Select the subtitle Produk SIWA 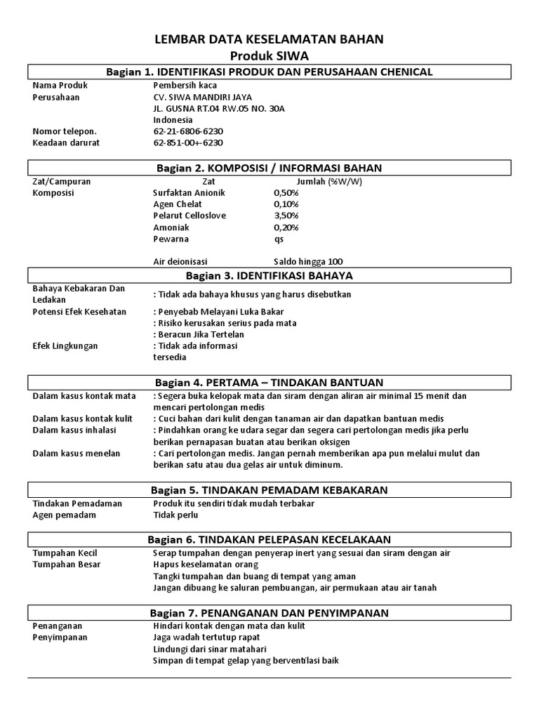coord(269,55)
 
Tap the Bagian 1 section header coord(269,72)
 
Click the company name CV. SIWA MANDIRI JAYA coord(203,97)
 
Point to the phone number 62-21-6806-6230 coord(187,131)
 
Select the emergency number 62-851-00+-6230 coord(187,143)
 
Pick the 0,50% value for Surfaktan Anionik coord(286,192)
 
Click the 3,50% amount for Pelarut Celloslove coord(286,216)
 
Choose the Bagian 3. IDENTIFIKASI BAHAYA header coord(269,275)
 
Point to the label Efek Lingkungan coord(65,346)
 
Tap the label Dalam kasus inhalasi coord(74,430)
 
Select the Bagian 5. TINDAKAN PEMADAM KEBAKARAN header coord(269,489)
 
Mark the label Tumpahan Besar coord(67,564)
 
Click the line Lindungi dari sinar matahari coord(209,649)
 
